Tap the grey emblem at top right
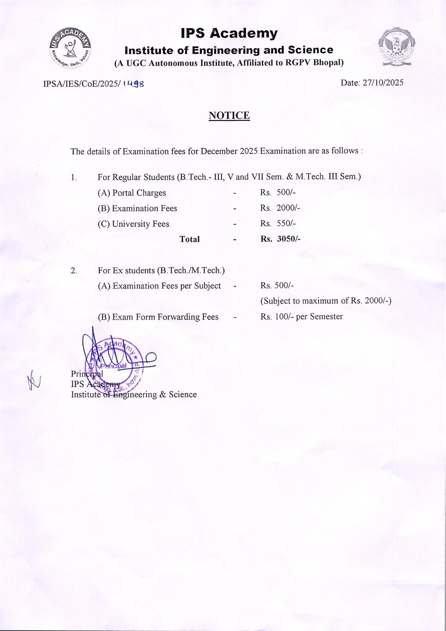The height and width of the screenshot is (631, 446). click(396, 47)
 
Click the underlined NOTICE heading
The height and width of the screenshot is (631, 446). click(229, 116)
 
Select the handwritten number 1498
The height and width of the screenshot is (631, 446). click(134, 84)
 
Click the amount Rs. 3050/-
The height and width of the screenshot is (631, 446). click(280, 239)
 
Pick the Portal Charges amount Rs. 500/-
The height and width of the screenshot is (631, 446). click(277, 192)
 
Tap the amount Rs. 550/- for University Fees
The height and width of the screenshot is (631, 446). click(277, 223)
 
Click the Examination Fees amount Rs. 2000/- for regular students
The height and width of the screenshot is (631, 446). click(280, 208)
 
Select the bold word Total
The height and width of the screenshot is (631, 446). click(189, 239)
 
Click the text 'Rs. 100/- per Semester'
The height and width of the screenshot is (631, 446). click(301, 316)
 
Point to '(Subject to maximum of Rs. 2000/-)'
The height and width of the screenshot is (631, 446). click(325, 301)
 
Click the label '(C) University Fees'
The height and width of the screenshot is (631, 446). click(133, 224)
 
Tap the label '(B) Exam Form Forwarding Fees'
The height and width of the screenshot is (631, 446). click(158, 317)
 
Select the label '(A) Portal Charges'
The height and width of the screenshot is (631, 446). click(132, 193)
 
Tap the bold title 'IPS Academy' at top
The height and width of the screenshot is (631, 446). click(229, 33)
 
